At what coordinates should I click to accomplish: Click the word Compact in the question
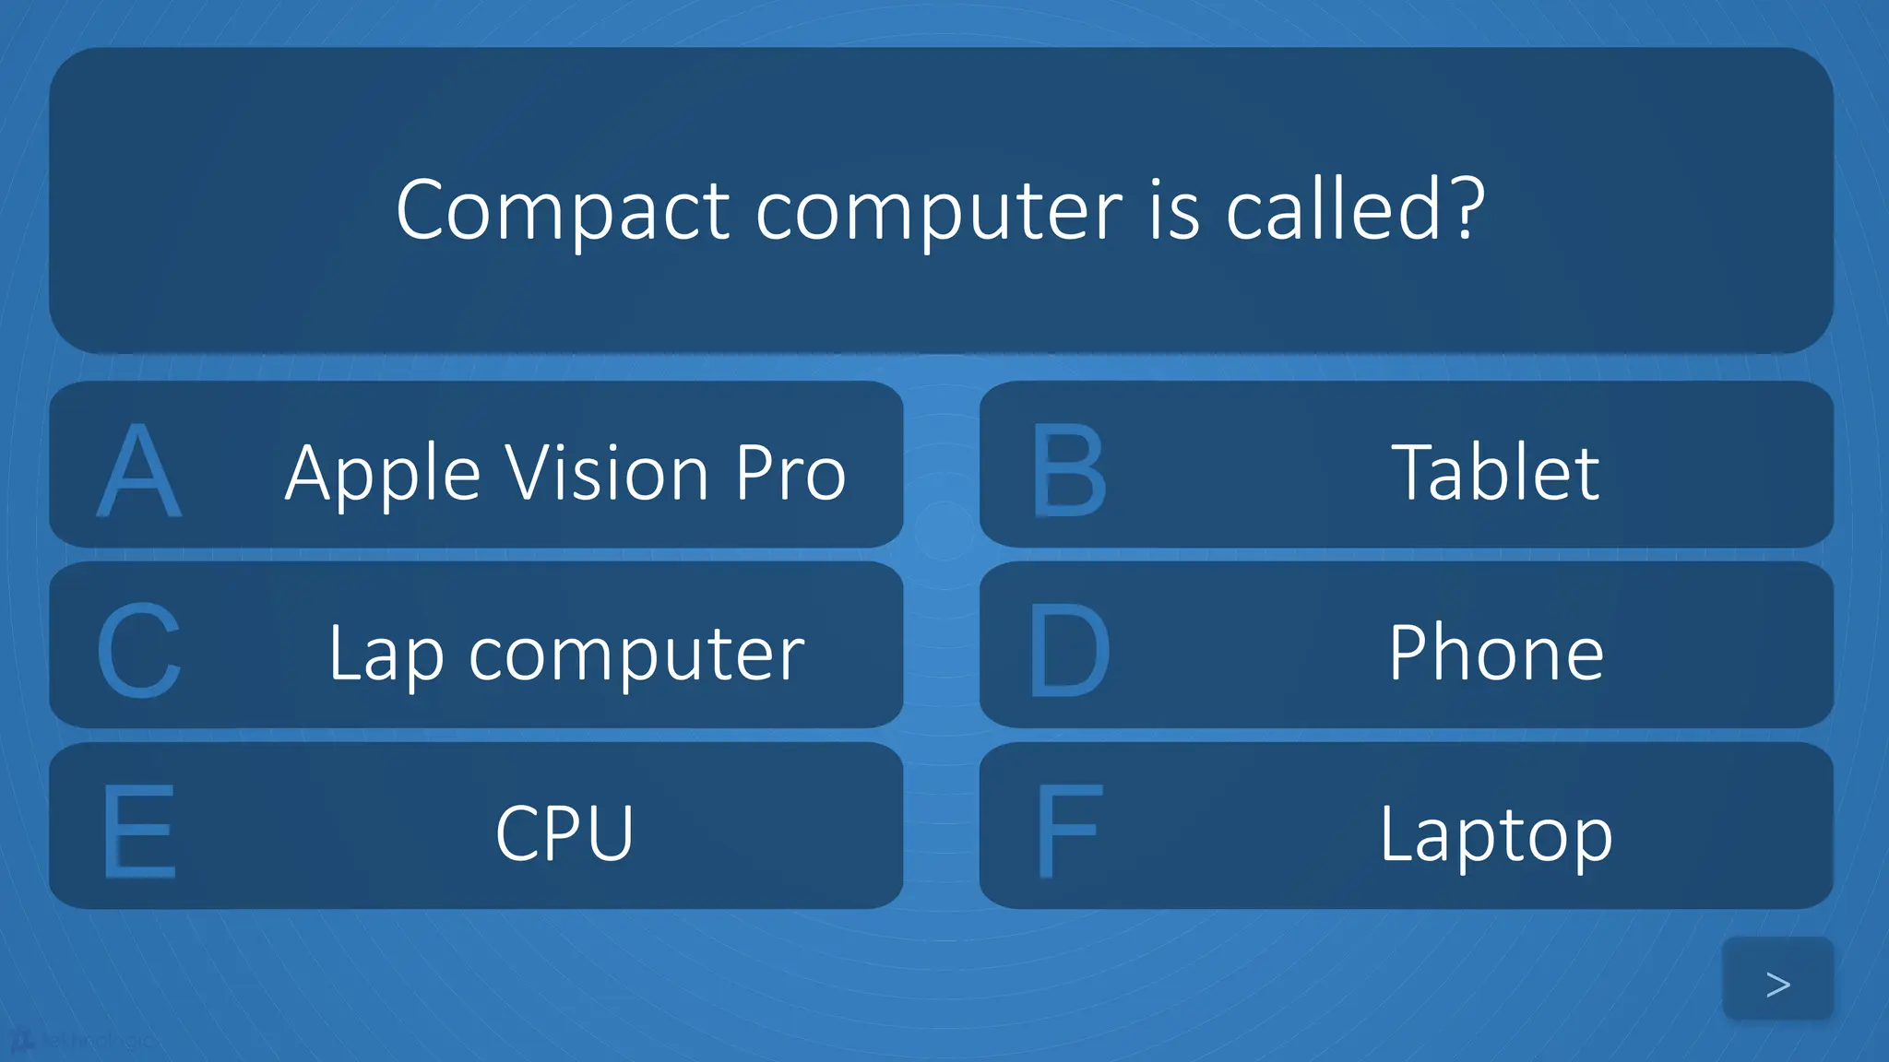[x=563, y=211]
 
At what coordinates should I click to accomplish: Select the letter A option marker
[x=139, y=470]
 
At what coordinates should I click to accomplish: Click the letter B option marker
[x=1069, y=470]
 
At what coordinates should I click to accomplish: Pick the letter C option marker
[x=139, y=651]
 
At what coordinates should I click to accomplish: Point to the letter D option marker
[x=1069, y=651]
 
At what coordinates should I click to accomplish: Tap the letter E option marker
[x=139, y=832]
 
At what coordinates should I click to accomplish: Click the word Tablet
[x=1495, y=472]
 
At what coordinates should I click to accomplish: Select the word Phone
[x=1496, y=653]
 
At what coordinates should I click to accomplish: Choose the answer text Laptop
[x=1496, y=835]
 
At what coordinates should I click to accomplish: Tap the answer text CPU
[x=564, y=833]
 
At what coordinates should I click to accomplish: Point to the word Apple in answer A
[x=383, y=474]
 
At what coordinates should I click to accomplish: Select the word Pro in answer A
[x=790, y=472]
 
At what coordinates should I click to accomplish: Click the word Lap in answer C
[x=386, y=655]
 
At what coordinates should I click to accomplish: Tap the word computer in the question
[x=939, y=213]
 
